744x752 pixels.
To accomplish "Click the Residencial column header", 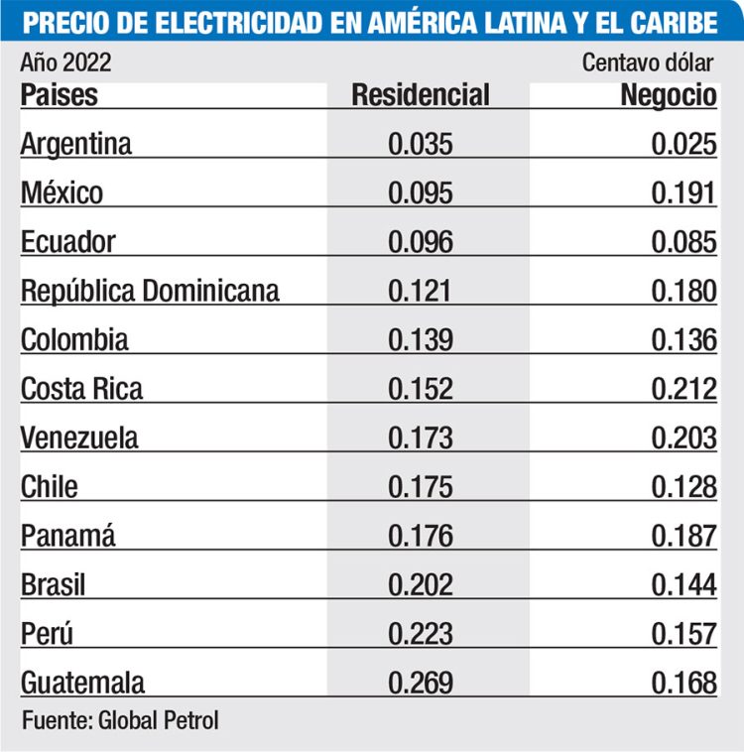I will [421, 95].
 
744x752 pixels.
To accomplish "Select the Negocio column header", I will [668, 95].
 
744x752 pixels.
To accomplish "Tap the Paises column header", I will [60, 95].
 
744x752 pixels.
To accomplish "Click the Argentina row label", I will [76, 144].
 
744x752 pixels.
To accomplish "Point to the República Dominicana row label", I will [150, 291].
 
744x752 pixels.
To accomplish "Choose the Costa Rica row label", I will [81, 388].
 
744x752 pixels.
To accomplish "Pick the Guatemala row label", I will [82, 683].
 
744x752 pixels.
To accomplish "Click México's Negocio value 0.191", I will [683, 192].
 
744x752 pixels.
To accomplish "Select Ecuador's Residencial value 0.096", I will [421, 242].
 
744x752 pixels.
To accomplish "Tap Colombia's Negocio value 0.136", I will [683, 339].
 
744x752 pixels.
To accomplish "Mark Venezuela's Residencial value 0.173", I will [421, 438].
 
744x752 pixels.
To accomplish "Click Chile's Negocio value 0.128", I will [683, 486].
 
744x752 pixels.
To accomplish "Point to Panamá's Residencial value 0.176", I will [421, 536].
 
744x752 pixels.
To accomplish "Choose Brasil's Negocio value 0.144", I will [683, 584].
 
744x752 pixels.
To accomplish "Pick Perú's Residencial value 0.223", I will [421, 634].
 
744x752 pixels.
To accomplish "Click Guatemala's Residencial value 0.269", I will [421, 683].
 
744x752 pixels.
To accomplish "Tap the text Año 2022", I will [65, 64].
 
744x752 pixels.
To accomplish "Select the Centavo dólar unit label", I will [648, 64].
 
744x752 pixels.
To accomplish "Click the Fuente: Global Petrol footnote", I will [120, 720].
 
